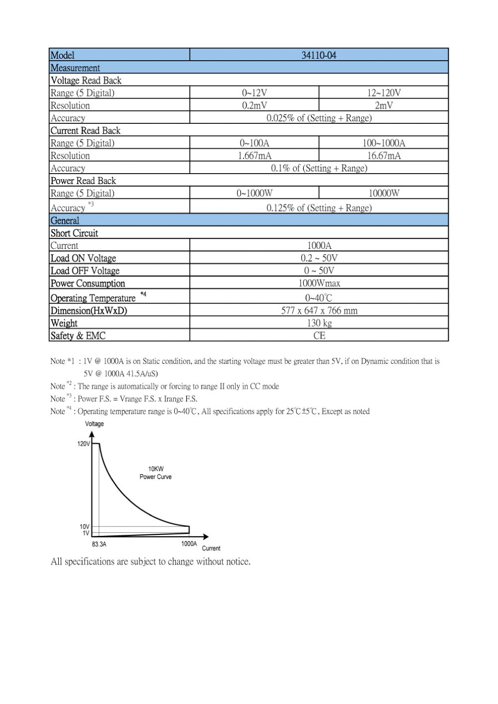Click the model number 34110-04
pos(319,55)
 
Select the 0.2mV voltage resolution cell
pos(254,105)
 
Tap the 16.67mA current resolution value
pos(383,156)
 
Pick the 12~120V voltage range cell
pos(383,93)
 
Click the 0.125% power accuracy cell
pos(319,208)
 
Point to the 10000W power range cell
pos(383,194)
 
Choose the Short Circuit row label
pos(74,233)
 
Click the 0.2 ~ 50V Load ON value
pos(319,258)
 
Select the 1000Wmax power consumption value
pos(319,284)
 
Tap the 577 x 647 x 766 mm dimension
pos(319,311)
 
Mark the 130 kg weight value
pos(319,323)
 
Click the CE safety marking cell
pos(319,336)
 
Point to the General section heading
pos(65,220)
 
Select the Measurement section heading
pos(75,68)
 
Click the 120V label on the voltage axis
pos(83,444)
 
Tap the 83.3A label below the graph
pos(99,544)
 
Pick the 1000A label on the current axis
pos(189,544)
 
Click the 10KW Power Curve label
pos(155,473)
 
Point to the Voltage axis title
pos(94,424)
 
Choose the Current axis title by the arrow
pos(211,548)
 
